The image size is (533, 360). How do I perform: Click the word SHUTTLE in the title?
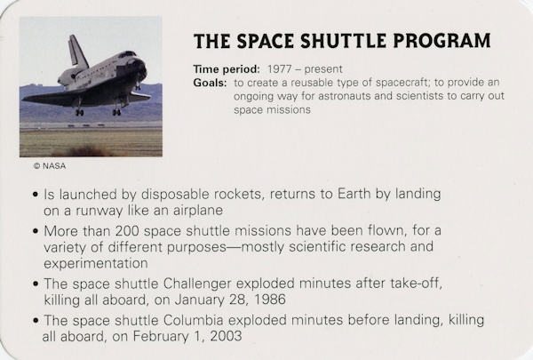pos(343,41)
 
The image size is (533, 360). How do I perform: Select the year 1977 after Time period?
pos(280,69)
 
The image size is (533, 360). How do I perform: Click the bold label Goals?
pos(210,83)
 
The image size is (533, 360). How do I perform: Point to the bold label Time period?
pos(227,69)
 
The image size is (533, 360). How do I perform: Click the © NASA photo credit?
pos(50,166)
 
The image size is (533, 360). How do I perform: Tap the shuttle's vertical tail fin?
pos(76,51)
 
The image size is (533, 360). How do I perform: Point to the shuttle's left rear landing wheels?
pos(80,112)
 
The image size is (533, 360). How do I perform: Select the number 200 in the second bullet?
pos(127,231)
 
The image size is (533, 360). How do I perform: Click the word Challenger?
pos(197,284)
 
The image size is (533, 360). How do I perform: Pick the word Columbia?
pos(193,320)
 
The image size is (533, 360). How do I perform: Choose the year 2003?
pos(226,336)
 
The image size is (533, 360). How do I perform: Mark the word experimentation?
pos(96,263)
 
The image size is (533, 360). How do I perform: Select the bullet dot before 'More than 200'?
pos(36,231)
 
